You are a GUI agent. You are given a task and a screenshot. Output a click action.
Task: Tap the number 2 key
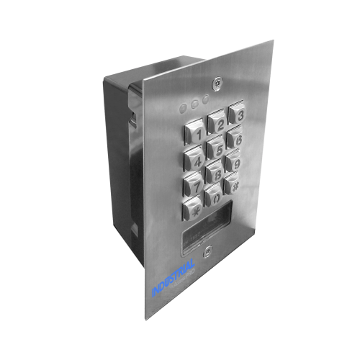pyautogui.click(x=217, y=123)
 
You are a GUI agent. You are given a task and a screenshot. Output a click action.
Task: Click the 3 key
pyautogui.click(x=238, y=115)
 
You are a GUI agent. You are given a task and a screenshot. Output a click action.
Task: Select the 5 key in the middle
pyautogui.click(x=215, y=148)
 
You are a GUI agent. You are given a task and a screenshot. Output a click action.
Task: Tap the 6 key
pyautogui.click(x=236, y=138)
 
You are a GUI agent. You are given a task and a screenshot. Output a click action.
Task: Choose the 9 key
pyautogui.click(x=235, y=163)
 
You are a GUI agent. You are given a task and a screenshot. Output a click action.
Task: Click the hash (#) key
pyautogui.click(x=233, y=186)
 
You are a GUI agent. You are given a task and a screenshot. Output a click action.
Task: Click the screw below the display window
pyautogui.click(x=207, y=251)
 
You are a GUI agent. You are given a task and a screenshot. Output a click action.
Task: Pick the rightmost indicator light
pyautogui.click(x=206, y=102)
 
